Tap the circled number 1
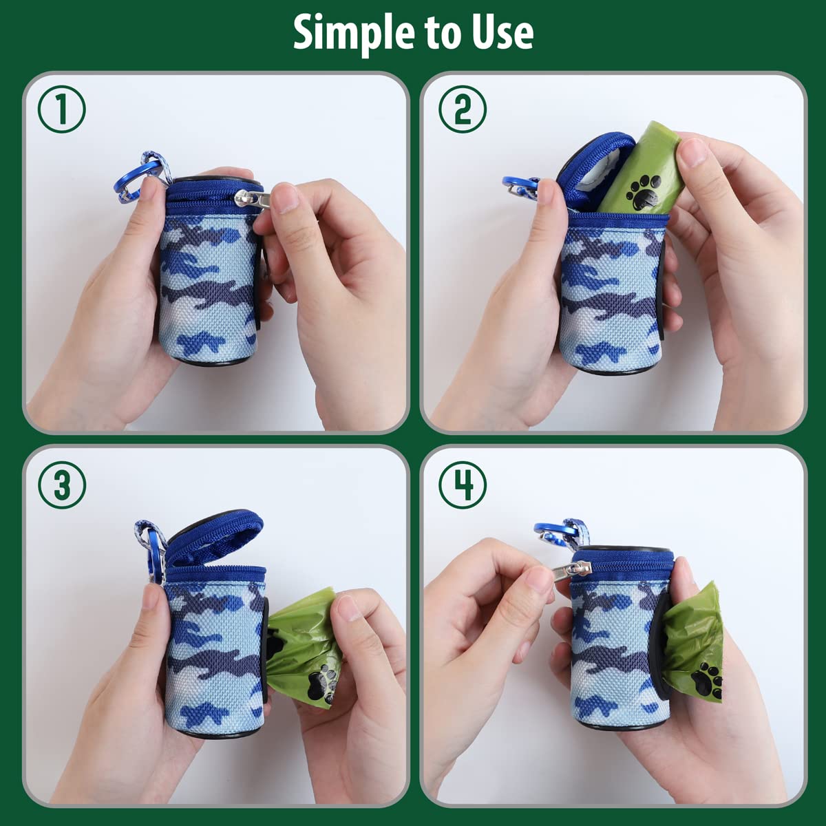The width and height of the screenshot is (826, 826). click(x=61, y=110)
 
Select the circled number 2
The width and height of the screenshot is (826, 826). click(x=462, y=110)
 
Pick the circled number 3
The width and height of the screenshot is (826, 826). click(x=61, y=485)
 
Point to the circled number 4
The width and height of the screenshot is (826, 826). click(x=462, y=485)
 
